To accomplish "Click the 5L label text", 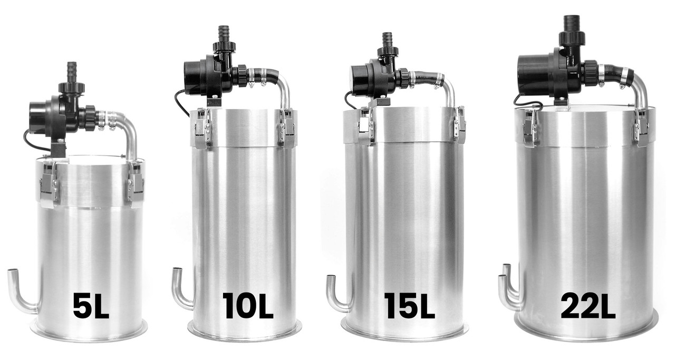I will (x=91, y=306).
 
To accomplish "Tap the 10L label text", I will (x=247, y=306).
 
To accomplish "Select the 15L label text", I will (x=409, y=306).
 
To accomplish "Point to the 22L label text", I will (x=587, y=306).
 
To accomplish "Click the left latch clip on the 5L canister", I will (x=49, y=184).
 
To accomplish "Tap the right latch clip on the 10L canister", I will (x=287, y=129).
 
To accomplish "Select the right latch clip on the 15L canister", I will (x=459, y=127).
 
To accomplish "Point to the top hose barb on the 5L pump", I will (x=72, y=71).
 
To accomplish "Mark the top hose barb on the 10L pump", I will (x=224, y=33).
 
